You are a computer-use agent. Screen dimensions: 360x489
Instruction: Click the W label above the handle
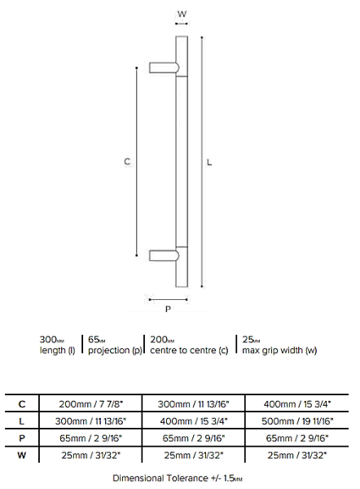pos(182,14)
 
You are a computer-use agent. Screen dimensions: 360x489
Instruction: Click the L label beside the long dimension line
pos(209,162)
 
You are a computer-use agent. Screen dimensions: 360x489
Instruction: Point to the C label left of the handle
pos(127,161)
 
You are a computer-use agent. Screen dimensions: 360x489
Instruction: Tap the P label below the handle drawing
pos(168,309)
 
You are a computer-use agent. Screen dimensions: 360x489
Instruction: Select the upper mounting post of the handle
pos(165,68)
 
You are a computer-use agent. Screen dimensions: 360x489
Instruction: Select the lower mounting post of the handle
pos(165,255)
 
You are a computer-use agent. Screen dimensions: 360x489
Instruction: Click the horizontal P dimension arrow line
pos(169,300)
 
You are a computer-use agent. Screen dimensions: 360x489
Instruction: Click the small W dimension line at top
pos(182,24)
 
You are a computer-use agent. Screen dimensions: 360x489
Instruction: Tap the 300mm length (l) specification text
pos(57,345)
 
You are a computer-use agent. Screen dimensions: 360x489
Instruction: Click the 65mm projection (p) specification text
pos(115,345)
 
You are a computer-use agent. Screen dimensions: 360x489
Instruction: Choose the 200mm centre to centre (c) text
pos(189,345)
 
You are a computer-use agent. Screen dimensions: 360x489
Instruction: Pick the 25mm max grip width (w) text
pos(279,345)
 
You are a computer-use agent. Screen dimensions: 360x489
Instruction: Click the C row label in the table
pos(22,404)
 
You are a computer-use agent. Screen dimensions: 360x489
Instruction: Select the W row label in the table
pos(21,456)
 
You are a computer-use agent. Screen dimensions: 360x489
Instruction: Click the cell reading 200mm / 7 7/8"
pos(91,404)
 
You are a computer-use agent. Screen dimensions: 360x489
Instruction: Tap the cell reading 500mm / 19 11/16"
pos(297,421)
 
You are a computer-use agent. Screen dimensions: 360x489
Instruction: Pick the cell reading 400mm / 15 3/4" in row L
pos(194,421)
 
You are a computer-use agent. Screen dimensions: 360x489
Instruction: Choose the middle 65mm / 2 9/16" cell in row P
pos(194,438)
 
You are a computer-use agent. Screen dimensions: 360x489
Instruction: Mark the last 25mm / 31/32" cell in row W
pos(297,456)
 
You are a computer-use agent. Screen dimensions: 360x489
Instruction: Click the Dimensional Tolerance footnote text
pos(178,478)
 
